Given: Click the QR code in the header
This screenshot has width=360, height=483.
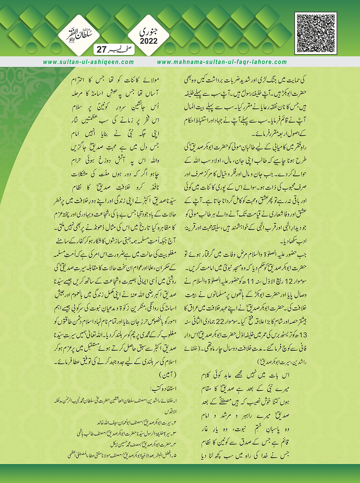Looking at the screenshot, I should point(316,33).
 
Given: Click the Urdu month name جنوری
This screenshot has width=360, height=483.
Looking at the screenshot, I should point(149,31).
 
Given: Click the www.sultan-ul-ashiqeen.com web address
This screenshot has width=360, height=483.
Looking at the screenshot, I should point(88,62).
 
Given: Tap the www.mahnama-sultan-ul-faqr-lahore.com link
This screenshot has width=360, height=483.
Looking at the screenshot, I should point(222,62).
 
